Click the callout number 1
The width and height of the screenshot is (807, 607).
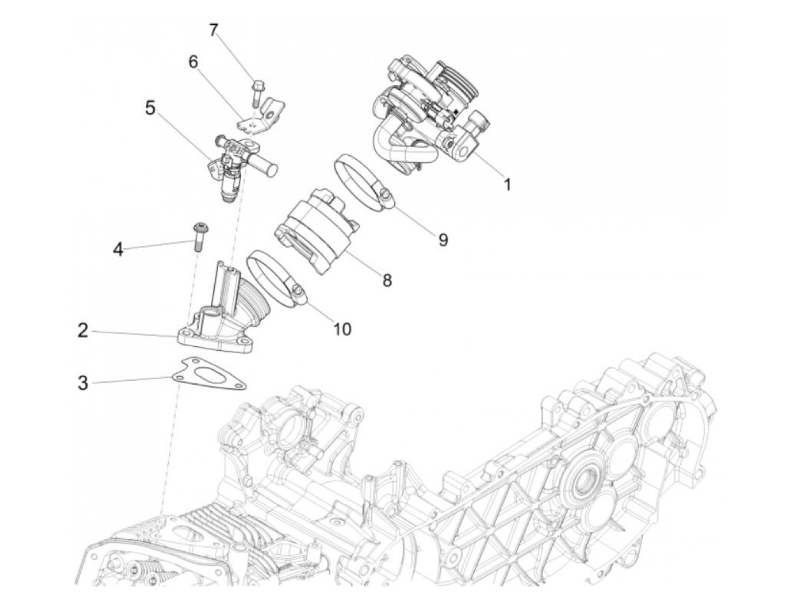tap(507, 185)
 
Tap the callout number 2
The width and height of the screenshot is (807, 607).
tap(83, 331)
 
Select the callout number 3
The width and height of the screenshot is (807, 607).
tap(83, 382)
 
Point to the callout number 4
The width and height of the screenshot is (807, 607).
tap(118, 249)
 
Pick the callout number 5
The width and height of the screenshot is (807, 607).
tap(150, 107)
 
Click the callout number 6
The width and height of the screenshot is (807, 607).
tap(193, 62)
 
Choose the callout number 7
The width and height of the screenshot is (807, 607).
tap(214, 30)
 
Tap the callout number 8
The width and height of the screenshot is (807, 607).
tap(387, 280)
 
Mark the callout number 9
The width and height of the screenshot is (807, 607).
tap(443, 239)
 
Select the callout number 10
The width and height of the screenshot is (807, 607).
tap(342, 329)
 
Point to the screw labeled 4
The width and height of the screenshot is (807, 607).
tap(199, 236)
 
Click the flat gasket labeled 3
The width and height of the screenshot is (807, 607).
tap(210, 374)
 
